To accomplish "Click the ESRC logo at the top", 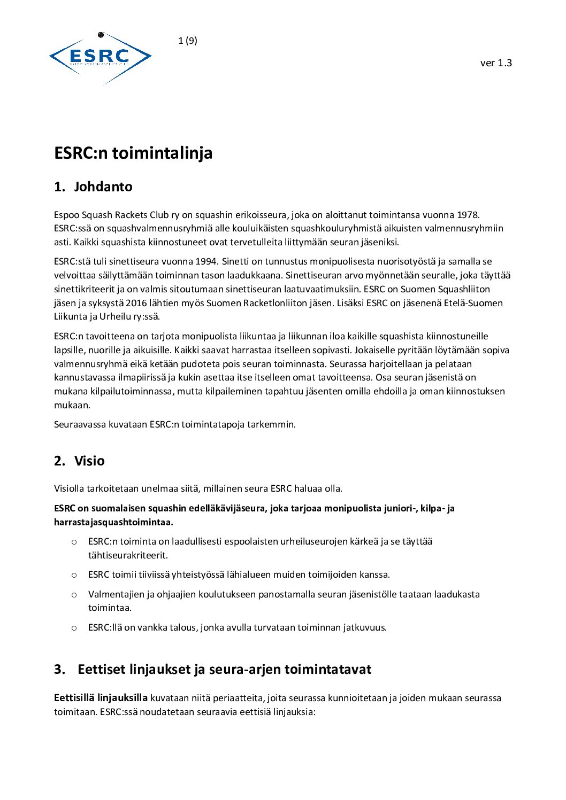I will pyautogui.click(x=100, y=57).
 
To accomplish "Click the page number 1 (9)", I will pyautogui.click(x=188, y=41).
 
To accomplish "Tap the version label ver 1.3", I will pyautogui.click(x=496, y=63).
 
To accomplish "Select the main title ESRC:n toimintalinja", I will pyautogui.click(x=133, y=153).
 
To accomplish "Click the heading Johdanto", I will pyautogui.click(x=103, y=187).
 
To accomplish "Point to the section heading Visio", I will pyautogui.click(x=89, y=461).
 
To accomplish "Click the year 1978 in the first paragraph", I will pyautogui.click(x=468, y=215).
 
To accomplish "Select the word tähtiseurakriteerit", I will pyautogui.click(x=128, y=555).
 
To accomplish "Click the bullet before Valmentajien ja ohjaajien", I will pyautogui.click(x=74, y=594).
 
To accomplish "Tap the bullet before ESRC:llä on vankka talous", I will pyautogui.click(x=74, y=627).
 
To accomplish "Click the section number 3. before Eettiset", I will pyautogui.click(x=59, y=670).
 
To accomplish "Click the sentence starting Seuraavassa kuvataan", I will pyautogui.click(x=174, y=424).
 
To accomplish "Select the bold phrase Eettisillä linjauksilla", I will pyautogui.click(x=101, y=698).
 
